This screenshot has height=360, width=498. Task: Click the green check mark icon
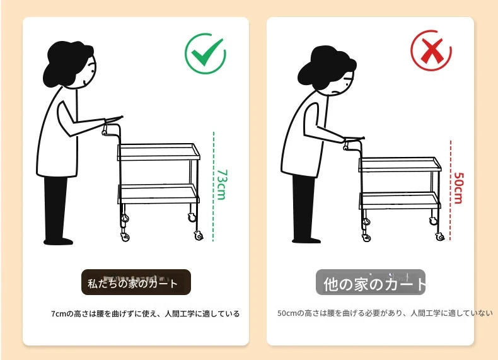coord(205,54)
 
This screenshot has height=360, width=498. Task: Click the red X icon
coord(431,50)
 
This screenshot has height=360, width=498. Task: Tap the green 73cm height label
coord(222,184)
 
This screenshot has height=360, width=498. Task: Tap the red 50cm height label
coord(458,188)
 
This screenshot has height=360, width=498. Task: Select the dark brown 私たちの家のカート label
coord(136,282)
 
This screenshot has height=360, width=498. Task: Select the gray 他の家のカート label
coord(370,282)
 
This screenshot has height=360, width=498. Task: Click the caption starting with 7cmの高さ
coord(146,314)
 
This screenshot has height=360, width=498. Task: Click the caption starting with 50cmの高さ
coord(385,313)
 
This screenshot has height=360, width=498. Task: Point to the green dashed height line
coord(214,187)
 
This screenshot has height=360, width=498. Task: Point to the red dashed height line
coord(450,190)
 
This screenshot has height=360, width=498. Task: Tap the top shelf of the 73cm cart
coord(159,152)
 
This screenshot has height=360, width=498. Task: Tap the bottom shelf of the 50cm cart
coord(400,201)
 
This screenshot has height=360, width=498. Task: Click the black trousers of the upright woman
coord(57,211)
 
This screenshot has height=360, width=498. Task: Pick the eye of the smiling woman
coord(93,71)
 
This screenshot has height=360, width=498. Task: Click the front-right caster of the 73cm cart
coord(199,236)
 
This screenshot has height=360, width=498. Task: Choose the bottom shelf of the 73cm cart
coord(159,194)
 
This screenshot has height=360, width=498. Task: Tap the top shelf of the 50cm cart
coord(400,165)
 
